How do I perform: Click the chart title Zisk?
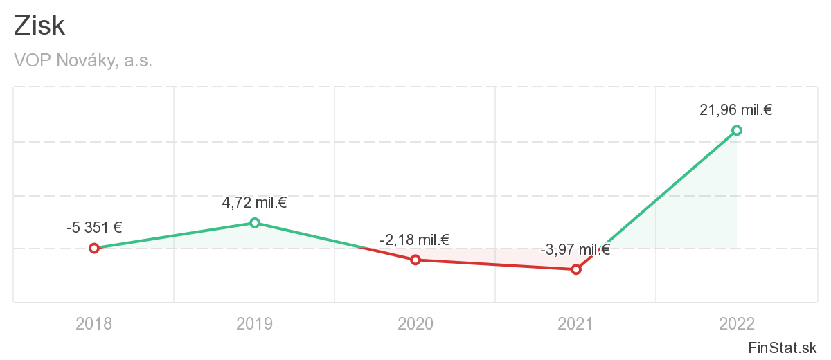pos(39,26)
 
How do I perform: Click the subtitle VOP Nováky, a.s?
pos(83,61)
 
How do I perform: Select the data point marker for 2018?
pos(94,248)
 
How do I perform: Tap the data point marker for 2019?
pos(255,222)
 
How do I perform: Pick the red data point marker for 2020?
pos(415,260)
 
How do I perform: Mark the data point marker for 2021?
pos(576,269)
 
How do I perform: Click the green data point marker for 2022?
pos(737,130)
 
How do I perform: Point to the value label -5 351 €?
pos(94,227)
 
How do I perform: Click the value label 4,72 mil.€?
pos(255,203)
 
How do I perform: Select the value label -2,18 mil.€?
pos(415,240)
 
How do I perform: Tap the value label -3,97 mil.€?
pos(575,250)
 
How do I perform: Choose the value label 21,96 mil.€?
pos(736,109)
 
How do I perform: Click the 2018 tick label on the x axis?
pos(94,323)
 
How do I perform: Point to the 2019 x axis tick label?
pos(255,323)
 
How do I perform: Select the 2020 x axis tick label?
pos(415,323)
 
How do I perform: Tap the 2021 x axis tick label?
pos(576,323)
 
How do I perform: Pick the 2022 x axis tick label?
pos(737,323)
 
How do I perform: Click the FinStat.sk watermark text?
pos(783,347)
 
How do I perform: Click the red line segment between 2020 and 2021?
pos(496,264)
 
